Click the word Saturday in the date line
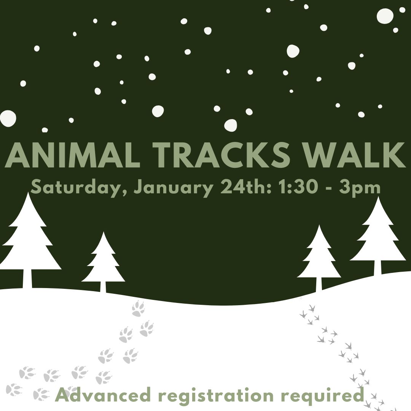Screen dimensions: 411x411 point(79,188)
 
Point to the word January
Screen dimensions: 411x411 point(174,188)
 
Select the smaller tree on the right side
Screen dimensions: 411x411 point(319,255)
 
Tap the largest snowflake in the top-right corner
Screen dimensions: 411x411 point(385,16)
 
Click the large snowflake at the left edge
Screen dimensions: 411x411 point(7,118)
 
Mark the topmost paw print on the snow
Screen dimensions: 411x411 point(138,308)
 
